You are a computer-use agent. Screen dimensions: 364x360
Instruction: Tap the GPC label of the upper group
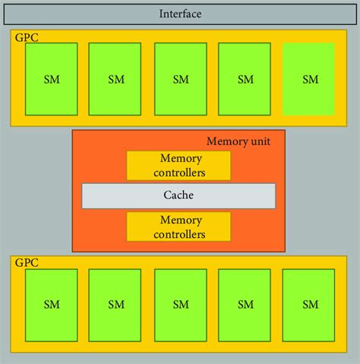(24, 36)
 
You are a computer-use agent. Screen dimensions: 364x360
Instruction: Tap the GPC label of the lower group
(24, 261)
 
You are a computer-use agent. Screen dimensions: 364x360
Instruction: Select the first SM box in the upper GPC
(51, 78)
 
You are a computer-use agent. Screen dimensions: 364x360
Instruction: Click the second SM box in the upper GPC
(115, 78)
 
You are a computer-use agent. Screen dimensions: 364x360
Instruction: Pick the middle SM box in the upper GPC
(180, 78)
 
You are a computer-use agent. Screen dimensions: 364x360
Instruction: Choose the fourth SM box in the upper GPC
(245, 78)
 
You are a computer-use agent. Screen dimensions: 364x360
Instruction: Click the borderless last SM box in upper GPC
(309, 78)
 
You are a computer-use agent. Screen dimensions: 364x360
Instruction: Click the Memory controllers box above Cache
(178, 166)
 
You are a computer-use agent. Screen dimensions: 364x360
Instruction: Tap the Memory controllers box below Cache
(178, 226)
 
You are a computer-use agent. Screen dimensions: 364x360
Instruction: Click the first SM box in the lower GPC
(51, 304)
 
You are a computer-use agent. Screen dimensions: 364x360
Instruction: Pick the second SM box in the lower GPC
(115, 304)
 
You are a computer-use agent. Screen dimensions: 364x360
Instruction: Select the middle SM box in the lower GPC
(180, 304)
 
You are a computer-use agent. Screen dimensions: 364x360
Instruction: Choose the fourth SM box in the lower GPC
(245, 304)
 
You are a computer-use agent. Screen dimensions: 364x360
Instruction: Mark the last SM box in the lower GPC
(309, 304)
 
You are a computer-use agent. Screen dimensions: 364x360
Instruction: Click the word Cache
(178, 195)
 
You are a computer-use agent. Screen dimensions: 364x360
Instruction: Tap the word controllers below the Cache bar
(178, 234)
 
